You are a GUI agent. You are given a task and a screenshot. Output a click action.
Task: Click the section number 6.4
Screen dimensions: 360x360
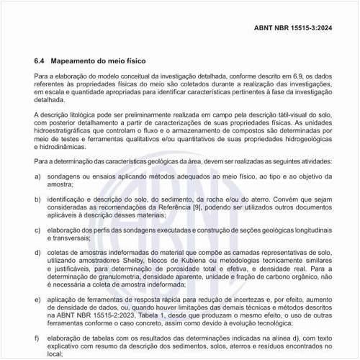pyautogui.click(x=40, y=60)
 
